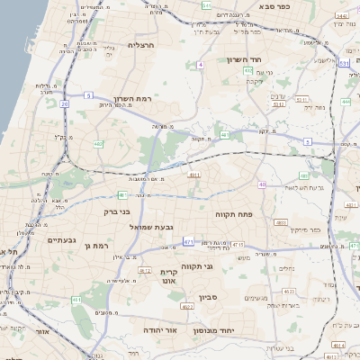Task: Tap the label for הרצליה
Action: point(142,44)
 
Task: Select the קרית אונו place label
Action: point(171,276)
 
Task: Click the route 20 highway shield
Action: point(65,104)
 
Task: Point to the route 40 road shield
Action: point(262,184)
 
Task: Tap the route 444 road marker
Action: point(346,102)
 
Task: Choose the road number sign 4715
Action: point(238,244)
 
